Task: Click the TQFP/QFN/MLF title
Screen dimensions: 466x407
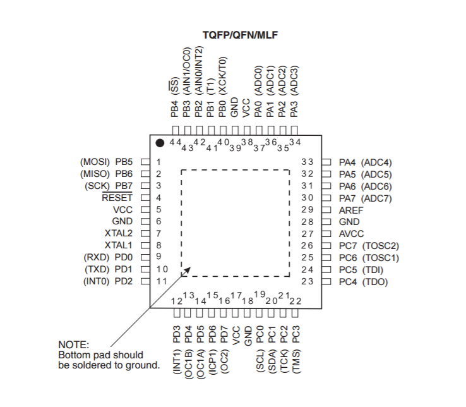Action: coord(240,35)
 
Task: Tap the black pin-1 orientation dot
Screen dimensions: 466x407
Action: coord(160,143)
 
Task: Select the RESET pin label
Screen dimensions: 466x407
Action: coord(117,198)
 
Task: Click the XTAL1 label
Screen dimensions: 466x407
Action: coord(118,245)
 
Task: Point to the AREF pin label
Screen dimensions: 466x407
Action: coord(351,210)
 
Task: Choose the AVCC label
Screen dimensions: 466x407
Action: coord(351,234)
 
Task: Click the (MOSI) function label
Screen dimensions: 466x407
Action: coord(95,162)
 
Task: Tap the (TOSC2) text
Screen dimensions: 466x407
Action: coord(380,246)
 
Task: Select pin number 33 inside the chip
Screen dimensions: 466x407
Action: coord(308,162)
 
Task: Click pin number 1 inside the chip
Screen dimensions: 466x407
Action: coord(158,162)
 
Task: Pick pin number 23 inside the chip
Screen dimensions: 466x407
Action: coord(308,281)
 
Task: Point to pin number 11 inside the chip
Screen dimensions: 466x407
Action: coord(162,281)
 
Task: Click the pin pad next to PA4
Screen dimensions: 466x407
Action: coord(326,162)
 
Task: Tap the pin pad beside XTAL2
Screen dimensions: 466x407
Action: coord(145,233)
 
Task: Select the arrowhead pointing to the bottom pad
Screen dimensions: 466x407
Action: coord(188,270)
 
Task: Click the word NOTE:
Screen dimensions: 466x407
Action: coord(73,345)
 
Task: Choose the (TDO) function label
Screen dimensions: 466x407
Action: coord(375,282)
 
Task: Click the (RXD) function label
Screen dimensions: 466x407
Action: coord(96,257)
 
